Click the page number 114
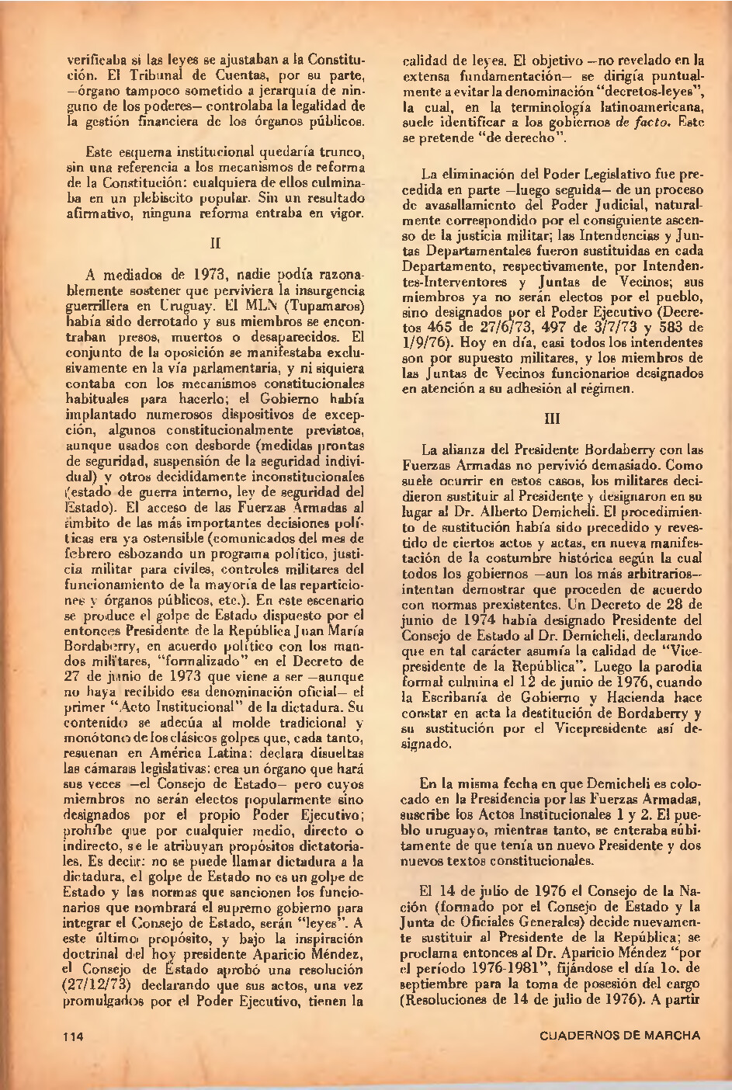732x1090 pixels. click(x=75, y=1036)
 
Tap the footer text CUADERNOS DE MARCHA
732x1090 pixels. click(x=619, y=1035)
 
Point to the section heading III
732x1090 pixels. click(x=553, y=418)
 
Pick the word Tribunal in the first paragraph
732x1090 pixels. click(x=156, y=75)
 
